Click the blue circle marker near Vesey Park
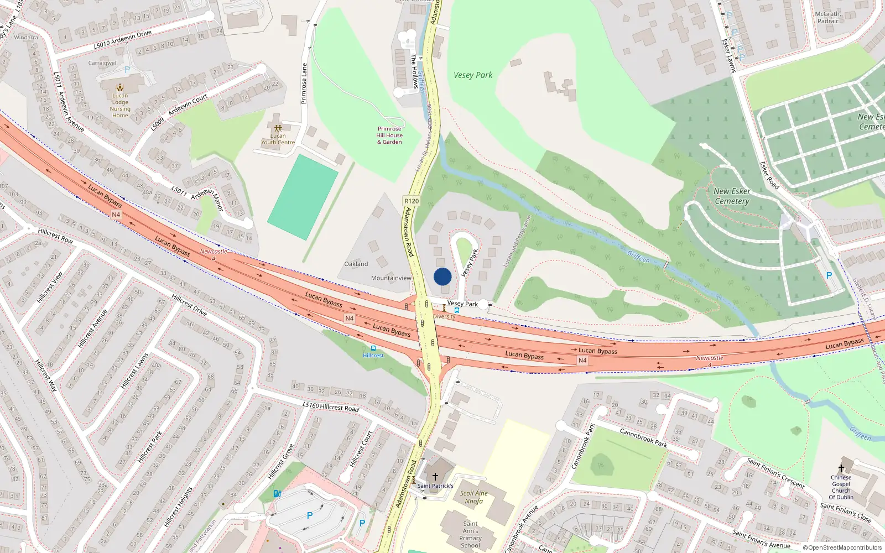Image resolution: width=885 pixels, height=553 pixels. click(x=442, y=276)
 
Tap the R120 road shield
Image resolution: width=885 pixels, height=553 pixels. click(x=412, y=201)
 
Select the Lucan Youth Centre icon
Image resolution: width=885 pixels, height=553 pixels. click(x=278, y=128)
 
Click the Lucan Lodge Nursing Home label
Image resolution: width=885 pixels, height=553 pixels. click(x=120, y=105)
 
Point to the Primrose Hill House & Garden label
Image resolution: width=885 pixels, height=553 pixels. click(x=389, y=135)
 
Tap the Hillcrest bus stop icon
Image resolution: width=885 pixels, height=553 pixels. click(x=373, y=348)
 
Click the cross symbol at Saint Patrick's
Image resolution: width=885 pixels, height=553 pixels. click(x=435, y=476)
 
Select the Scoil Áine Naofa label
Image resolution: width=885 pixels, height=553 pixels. click(x=473, y=497)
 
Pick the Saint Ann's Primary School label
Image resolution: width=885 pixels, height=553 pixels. click(x=470, y=534)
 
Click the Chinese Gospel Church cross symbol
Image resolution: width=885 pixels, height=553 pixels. click(x=841, y=468)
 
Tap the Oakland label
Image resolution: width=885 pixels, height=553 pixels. click(x=356, y=264)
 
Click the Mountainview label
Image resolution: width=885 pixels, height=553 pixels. click(x=391, y=278)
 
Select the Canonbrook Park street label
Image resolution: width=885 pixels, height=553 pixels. click(x=643, y=437)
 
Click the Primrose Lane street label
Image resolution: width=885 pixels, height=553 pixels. click(x=304, y=84)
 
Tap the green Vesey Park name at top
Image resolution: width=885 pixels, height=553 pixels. click(x=473, y=75)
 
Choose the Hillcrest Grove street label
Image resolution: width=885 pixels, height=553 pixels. click(x=281, y=462)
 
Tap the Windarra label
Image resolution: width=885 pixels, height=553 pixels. click(x=26, y=38)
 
